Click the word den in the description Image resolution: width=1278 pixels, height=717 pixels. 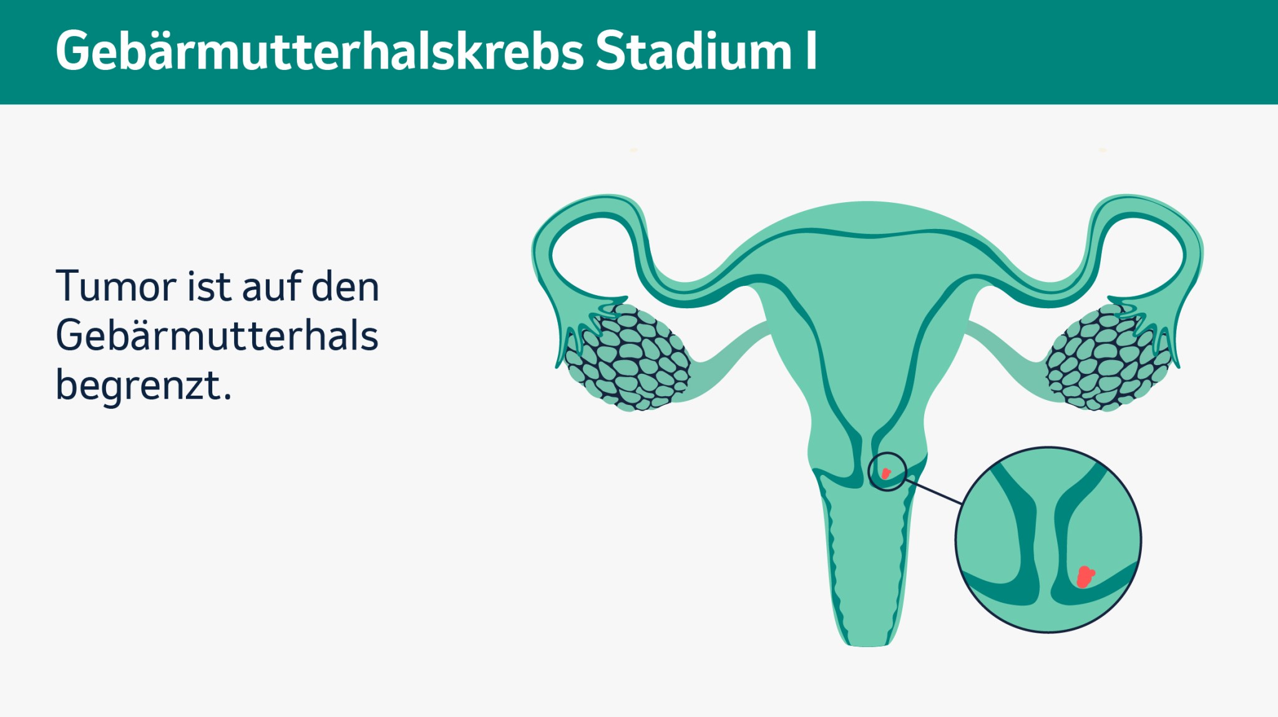tap(345, 287)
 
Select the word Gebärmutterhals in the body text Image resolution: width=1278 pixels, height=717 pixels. tap(217, 336)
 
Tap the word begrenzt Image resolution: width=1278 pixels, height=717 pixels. tap(144, 386)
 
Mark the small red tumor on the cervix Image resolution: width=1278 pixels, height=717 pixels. tap(885, 473)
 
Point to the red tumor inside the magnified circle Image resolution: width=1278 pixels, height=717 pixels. tap(1085, 577)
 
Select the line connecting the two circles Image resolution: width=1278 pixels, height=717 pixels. tap(933, 492)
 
